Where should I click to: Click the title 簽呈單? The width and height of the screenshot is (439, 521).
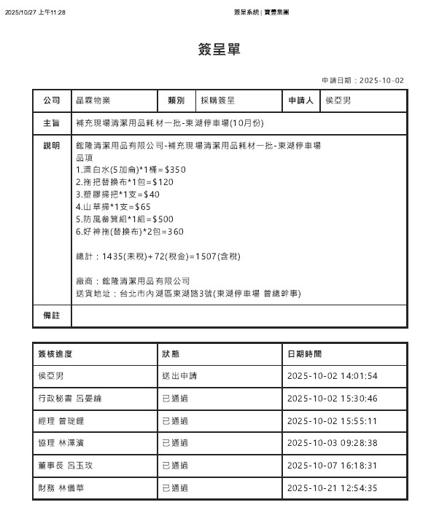(x=219, y=50)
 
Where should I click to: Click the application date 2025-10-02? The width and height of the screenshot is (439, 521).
(x=382, y=81)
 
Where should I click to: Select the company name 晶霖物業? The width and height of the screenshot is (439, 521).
(x=93, y=101)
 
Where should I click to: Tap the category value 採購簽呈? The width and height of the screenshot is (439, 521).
(x=217, y=101)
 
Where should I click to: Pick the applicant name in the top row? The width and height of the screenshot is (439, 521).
(x=338, y=101)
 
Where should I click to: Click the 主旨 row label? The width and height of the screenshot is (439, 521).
(x=52, y=123)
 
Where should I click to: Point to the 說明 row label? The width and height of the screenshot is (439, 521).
(x=52, y=146)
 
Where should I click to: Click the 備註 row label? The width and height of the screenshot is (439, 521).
(x=52, y=316)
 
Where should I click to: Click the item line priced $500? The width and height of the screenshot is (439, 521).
(x=125, y=219)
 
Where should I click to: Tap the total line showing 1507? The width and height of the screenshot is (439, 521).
(x=158, y=256)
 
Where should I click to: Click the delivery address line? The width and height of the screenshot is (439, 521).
(x=189, y=293)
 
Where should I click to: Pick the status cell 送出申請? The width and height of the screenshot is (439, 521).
(x=179, y=376)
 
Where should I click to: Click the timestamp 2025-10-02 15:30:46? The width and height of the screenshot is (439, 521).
(x=333, y=399)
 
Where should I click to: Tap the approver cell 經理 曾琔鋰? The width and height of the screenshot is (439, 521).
(x=63, y=421)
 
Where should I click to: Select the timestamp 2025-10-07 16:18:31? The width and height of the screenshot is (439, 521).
(x=333, y=466)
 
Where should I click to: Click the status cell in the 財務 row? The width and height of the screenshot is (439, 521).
(x=175, y=488)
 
